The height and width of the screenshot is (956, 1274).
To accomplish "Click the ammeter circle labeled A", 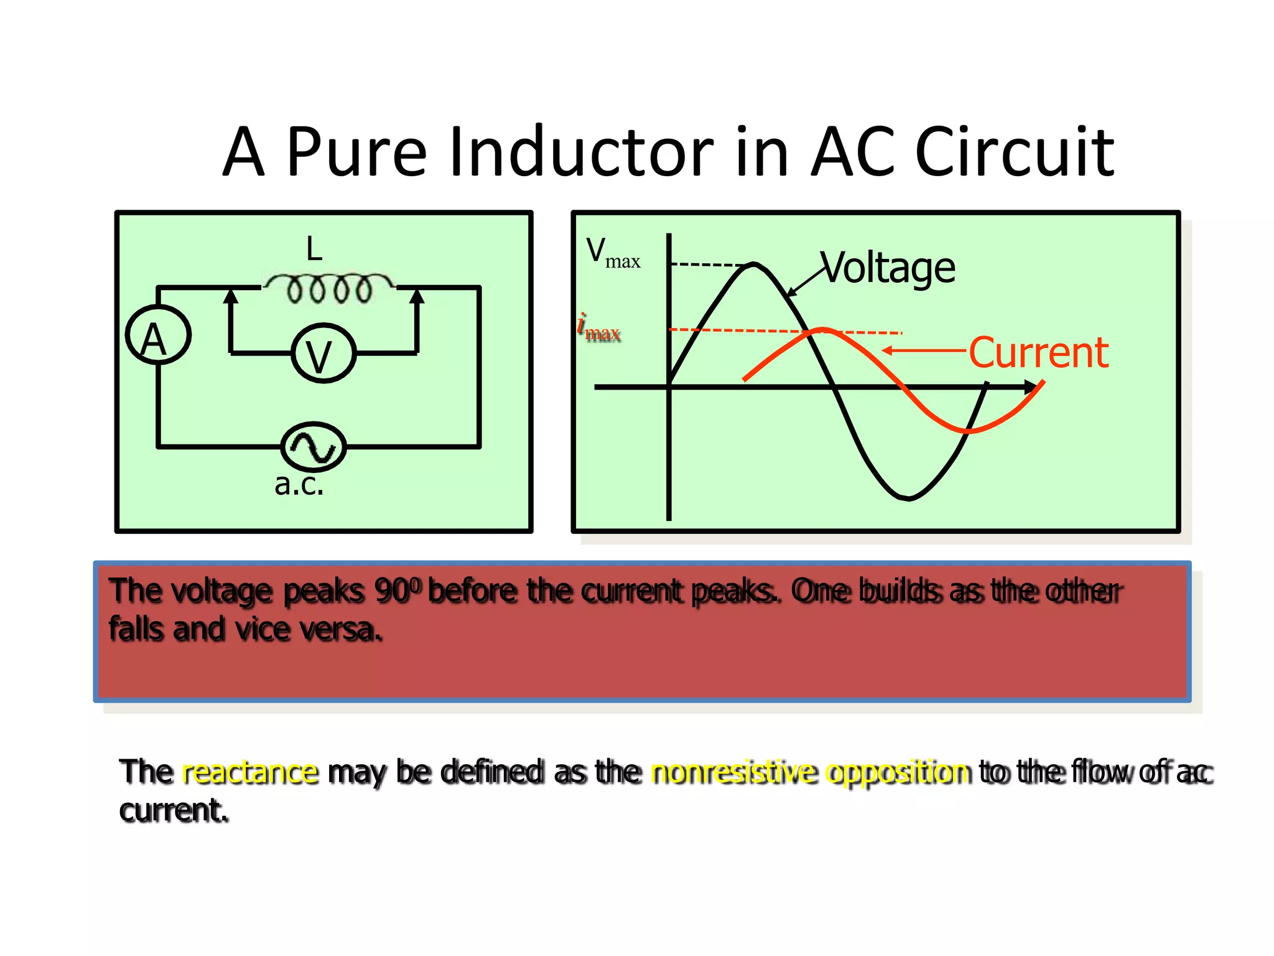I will [x=158, y=335].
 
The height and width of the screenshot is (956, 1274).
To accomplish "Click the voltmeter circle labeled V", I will [x=323, y=353].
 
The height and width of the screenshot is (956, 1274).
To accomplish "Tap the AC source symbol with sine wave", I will [x=313, y=446].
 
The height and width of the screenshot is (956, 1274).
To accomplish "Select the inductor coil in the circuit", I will [x=328, y=288].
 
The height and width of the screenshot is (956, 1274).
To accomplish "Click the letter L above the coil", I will [x=314, y=249].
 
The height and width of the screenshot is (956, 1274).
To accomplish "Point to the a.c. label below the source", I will [x=299, y=484].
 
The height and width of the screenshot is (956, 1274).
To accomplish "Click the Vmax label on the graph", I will [x=612, y=253].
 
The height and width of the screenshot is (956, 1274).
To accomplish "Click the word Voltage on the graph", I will [x=888, y=268].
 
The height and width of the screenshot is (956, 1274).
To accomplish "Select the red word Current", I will [x=1038, y=352].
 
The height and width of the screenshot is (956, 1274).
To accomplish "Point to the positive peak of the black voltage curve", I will [x=754, y=265].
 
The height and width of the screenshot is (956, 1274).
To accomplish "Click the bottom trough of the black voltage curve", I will [x=908, y=497].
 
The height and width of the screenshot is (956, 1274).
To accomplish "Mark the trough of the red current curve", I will [x=969, y=430].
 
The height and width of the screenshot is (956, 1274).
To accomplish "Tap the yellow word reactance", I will [x=250, y=772].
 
